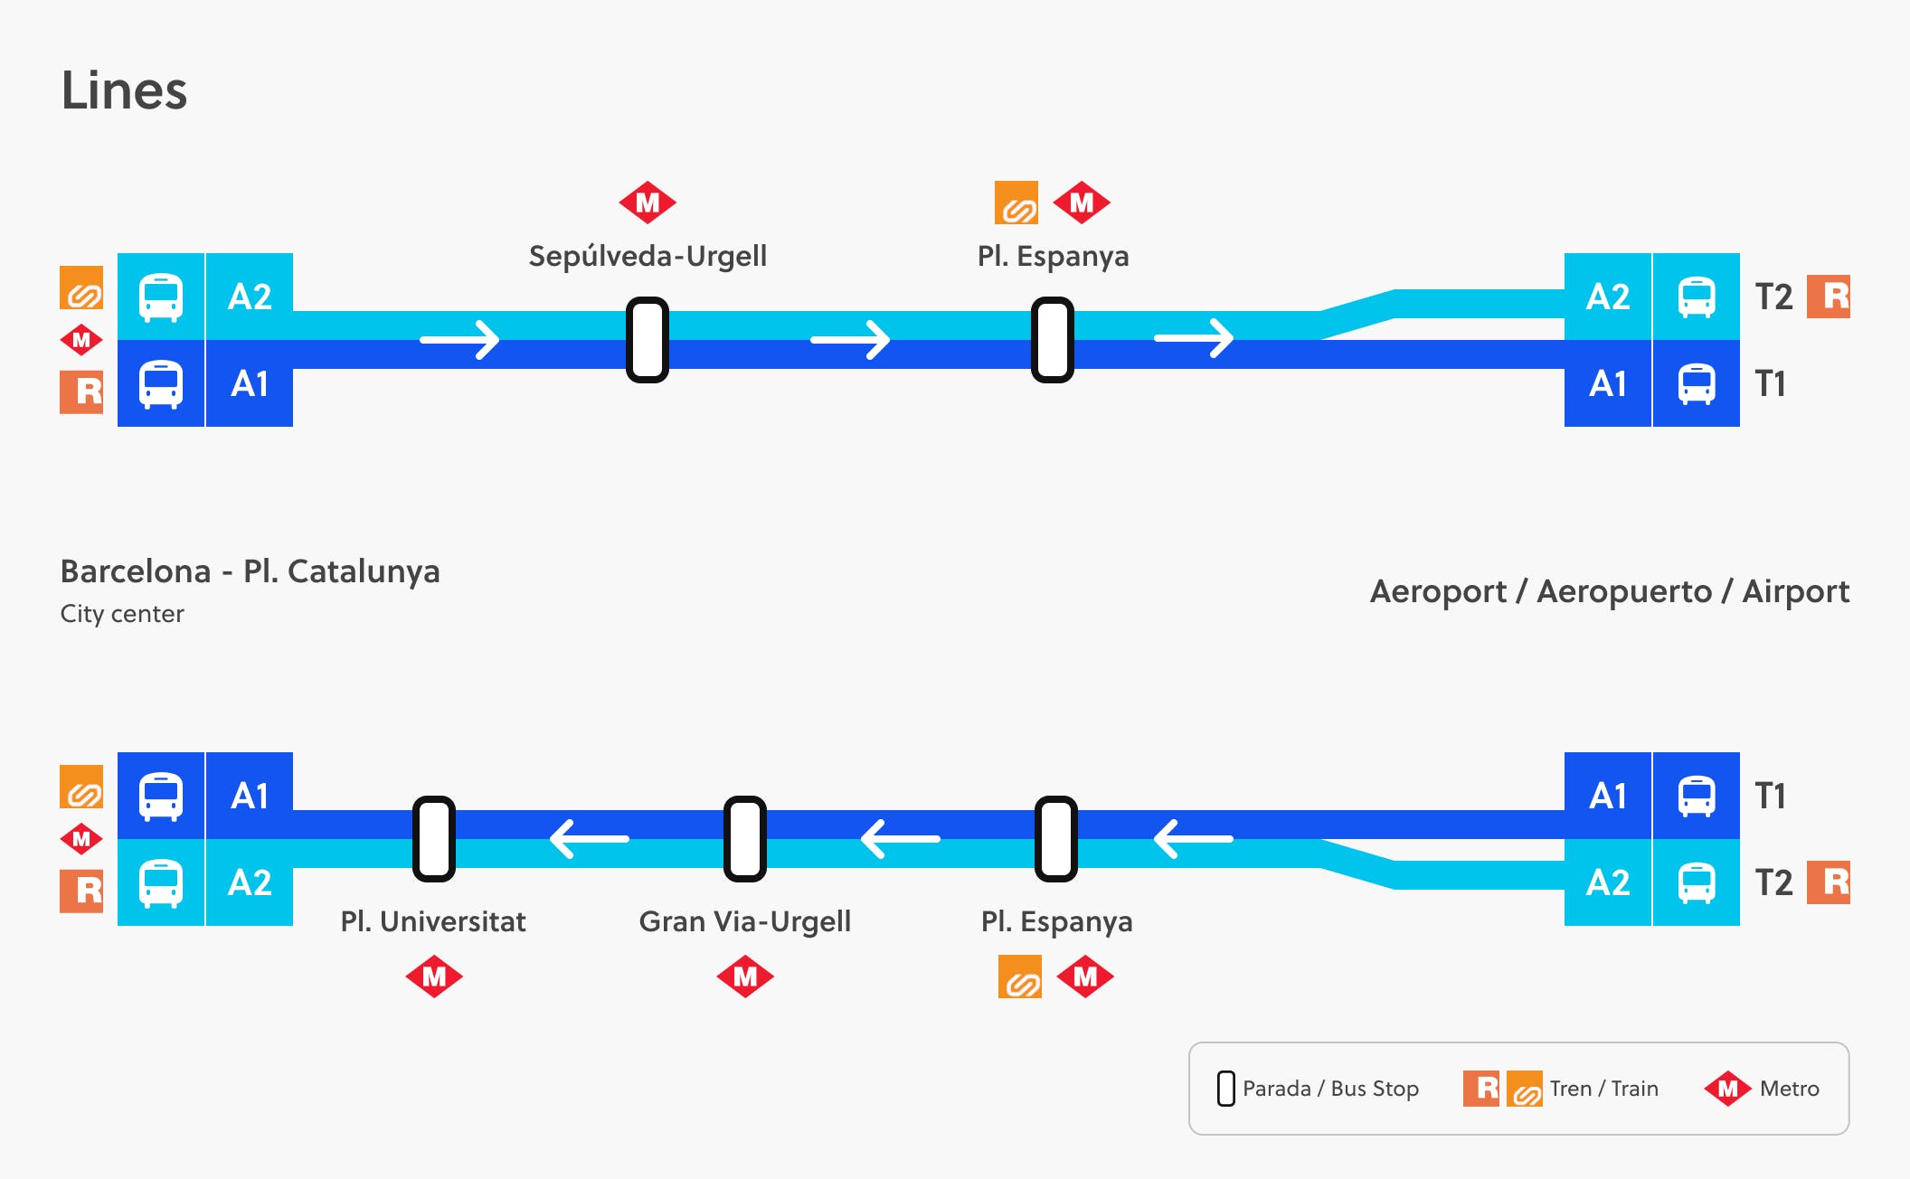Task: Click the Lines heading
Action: (x=124, y=91)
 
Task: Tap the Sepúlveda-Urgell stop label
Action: (x=648, y=256)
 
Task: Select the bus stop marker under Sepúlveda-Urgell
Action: (x=648, y=340)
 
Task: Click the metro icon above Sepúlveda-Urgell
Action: (x=648, y=203)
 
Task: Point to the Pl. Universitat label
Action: (x=432, y=921)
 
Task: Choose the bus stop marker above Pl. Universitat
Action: (x=434, y=839)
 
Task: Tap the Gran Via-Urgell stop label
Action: (x=744, y=921)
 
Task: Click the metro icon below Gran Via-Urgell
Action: (x=745, y=976)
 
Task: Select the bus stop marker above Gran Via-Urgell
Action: (x=745, y=839)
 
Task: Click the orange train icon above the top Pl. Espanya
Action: (x=1016, y=203)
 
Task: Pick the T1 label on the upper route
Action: (x=1770, y=383)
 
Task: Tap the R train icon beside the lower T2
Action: (x=1829, y=882)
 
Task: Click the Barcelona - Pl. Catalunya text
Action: (x=250, y=571)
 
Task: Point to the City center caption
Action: (x=122, y=614)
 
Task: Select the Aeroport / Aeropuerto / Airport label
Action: (x=1609, y=591)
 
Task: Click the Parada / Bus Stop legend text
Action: (x=1330, y=1089)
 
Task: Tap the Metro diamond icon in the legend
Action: (x=1727, y=1089)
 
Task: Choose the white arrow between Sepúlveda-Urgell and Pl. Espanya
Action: (x=850, y=340)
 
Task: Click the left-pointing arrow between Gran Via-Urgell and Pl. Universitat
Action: (x=589, y=839)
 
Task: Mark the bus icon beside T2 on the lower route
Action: (x=1696, y=882)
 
